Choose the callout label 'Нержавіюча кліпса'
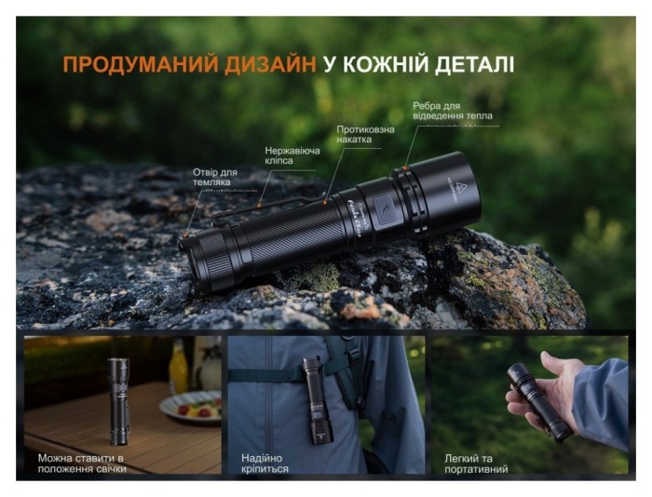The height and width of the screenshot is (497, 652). (x=292, y=154)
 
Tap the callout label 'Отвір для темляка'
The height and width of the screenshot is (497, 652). (x=215, y=177)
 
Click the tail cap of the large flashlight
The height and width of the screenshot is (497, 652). (x=200, y=258)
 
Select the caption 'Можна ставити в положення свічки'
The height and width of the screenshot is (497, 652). (x=82, y=463)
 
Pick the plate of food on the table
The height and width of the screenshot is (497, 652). (x=190, y=407)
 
